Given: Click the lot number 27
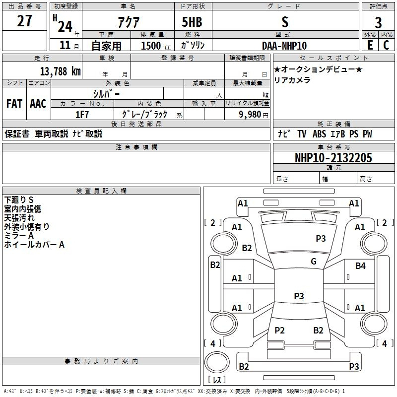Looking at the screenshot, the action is (24, 21).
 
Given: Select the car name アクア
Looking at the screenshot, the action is (129, 22).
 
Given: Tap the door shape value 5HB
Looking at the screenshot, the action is (192, 22).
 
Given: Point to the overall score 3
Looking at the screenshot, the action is (378, 23).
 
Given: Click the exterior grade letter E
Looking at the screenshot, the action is (370, 45).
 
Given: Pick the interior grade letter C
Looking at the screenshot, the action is (386, 45).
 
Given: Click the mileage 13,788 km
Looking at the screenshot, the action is (61, 71).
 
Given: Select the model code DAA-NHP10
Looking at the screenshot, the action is (284, 46).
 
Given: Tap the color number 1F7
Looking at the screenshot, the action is (82, 115).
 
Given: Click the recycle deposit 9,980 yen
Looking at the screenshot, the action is (254, 115).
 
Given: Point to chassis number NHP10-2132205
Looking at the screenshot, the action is (333, 158).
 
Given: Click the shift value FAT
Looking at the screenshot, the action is (14, 104).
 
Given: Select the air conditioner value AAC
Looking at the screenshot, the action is (38, 104).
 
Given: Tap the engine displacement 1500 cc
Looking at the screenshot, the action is (156, 46).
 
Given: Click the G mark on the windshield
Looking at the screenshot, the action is (314, 262).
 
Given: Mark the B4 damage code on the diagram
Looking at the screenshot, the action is (361, 266).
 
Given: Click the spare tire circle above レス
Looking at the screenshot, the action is (217, 362).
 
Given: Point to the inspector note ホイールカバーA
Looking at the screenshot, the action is (34, 245).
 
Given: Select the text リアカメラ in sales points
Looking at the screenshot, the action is (292, 80).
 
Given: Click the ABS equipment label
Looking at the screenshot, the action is (319, 134).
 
